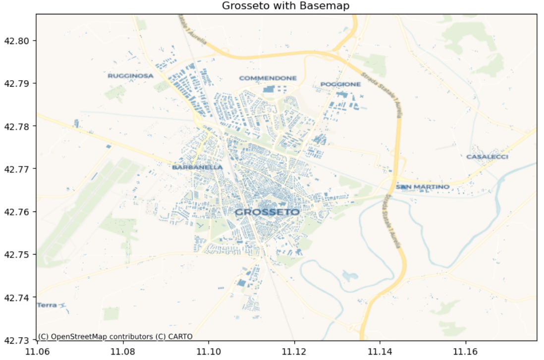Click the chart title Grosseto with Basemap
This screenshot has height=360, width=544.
286,6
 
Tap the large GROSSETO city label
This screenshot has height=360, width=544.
267,212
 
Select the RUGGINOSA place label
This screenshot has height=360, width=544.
130,76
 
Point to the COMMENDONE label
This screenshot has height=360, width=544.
268,78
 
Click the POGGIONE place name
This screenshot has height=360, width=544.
340,84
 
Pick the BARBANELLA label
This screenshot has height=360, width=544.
197,167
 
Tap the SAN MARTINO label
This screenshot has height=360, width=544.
423,187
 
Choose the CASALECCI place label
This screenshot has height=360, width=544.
487,156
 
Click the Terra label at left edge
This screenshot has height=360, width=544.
47,305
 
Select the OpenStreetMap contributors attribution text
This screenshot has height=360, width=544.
115,337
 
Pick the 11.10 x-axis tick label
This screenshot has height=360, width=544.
209,351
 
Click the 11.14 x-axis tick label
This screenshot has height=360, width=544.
380,351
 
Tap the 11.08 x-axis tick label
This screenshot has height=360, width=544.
123,351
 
